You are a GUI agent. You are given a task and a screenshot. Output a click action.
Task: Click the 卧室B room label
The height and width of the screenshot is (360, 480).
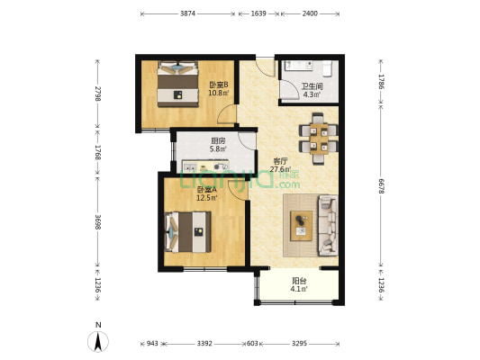click(x=219, y=84)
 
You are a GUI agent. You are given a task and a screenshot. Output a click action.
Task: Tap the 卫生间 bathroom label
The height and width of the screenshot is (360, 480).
click(x=312, y=87)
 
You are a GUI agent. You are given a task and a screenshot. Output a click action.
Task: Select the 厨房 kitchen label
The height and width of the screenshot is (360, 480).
click(x=218, y=140)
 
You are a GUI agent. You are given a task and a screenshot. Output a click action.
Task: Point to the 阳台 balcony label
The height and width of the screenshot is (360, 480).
click(x=299, y=281)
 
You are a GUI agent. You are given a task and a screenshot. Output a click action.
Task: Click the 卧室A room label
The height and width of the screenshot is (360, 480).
click(x=206, y=190)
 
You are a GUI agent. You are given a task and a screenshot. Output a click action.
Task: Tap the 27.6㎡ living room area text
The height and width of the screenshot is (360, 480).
click(x=280, y=169)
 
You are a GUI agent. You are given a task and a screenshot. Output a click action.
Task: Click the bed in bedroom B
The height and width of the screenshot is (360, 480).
click(x=177, y=84)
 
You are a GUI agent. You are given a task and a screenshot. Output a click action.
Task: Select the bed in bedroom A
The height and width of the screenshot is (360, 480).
click(x=187, y=232)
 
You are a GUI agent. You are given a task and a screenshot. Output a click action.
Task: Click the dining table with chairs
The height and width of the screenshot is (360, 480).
click(x=319, y=139)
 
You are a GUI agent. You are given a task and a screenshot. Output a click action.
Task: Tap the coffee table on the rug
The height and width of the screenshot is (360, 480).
click(x=301, y=226)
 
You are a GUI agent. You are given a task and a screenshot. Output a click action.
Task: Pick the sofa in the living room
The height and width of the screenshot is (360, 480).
click(x=328, y=225)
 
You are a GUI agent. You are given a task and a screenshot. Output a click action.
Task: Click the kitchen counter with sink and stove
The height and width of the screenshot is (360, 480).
click(x=205, y=166)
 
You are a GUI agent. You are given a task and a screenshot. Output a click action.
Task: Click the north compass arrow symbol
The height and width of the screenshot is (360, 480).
click(x=98, y=342)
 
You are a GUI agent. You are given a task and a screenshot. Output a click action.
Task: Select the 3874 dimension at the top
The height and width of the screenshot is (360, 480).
click(x=187, y=13)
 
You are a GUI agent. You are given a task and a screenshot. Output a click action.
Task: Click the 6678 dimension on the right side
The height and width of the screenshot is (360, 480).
click(x=381, y=186)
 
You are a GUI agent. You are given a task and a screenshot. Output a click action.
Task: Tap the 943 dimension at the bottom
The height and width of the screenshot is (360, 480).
click(x=152, y=344)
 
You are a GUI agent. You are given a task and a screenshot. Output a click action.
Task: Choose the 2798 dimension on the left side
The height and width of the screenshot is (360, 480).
click(x=97, y=94)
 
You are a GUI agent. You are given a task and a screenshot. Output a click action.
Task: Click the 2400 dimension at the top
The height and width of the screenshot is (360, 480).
click(x=310, y=13)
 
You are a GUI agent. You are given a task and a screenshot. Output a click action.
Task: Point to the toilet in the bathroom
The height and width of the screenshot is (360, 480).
click(x=327, y=68)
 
